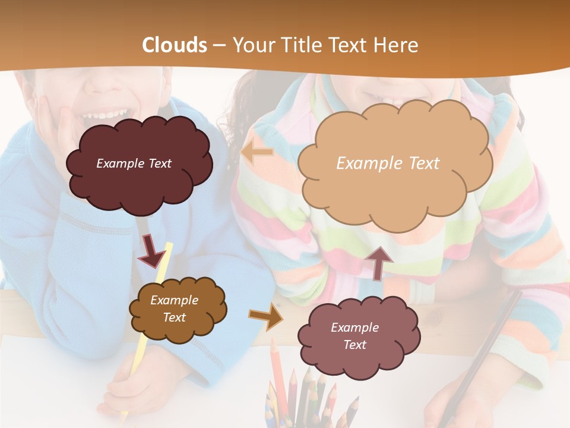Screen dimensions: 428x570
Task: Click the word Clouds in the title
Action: click(175, 45)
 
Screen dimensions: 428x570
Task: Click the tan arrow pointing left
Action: click(256, 153)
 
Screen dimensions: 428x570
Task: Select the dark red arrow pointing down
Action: click(151, 251)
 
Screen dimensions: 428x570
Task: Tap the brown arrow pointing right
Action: click(265, 316)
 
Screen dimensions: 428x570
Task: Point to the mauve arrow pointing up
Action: click(378, 263)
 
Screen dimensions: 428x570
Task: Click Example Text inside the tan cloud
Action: click(388, 163)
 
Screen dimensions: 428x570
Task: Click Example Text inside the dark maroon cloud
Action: click(134, 163)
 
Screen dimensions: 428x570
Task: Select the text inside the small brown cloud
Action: click(174, 309)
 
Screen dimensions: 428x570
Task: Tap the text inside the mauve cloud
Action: click(354, 336)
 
